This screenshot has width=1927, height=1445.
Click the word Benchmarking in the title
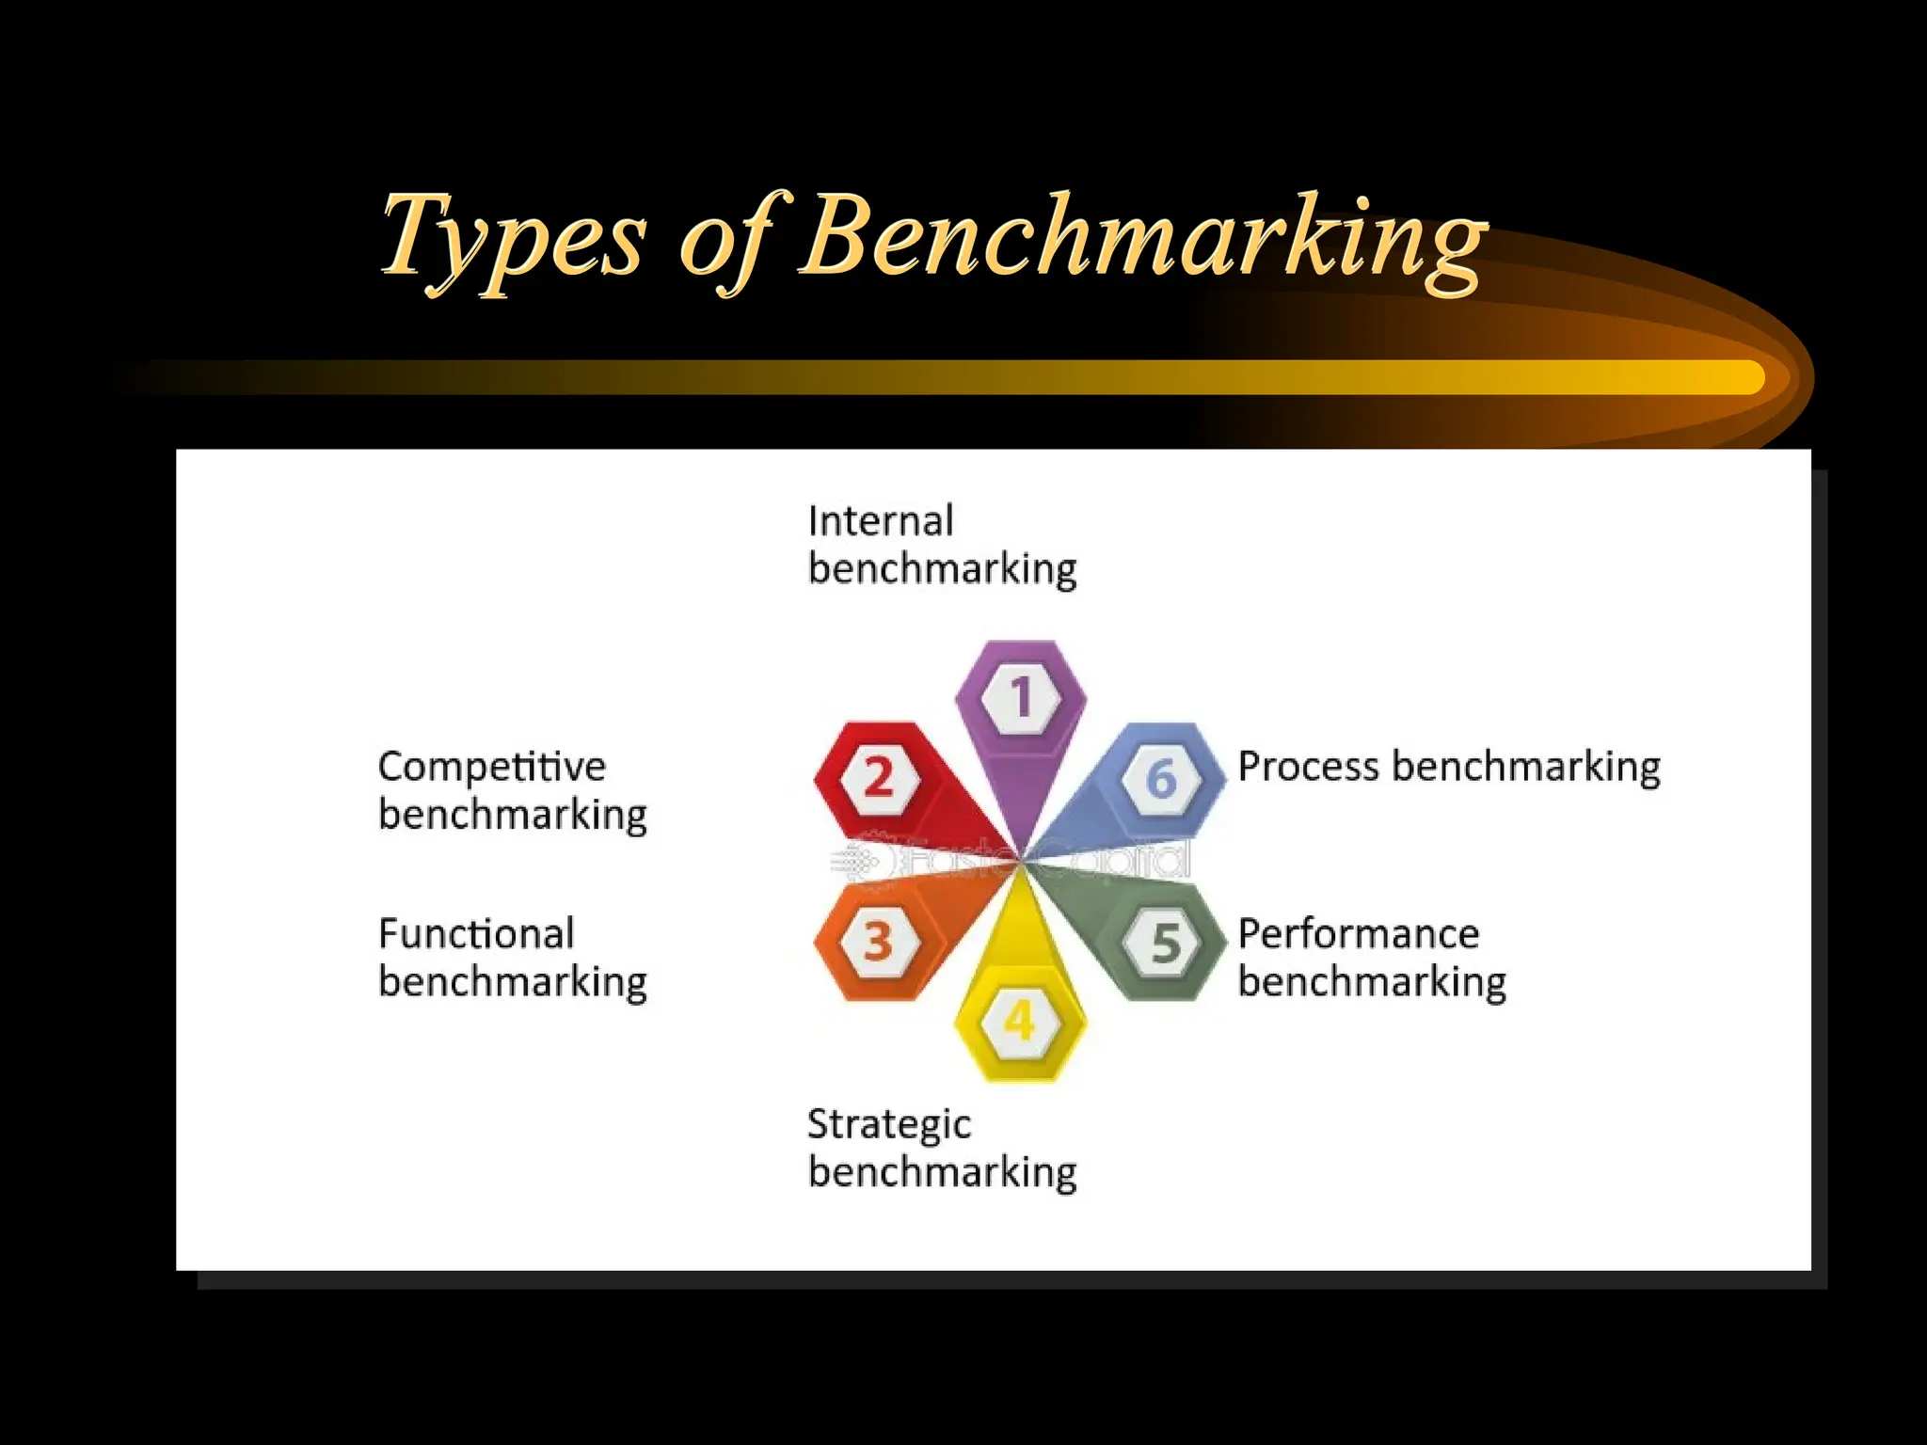[x=1143, y=237]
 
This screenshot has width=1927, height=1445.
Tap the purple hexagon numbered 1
[x=1021, y=697]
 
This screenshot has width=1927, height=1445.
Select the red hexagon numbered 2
[x=879, y=778]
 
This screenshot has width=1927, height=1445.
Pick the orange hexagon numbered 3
[x=879, y=942]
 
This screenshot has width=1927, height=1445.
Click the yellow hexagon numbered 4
[x=1020, y=1021]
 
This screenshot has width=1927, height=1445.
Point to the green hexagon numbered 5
[x=1165, y=942]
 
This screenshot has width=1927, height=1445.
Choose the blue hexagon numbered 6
[x=1162, y=778]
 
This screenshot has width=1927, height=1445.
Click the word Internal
[x=881, y=521]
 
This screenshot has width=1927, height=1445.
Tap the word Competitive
[x=492, y=767]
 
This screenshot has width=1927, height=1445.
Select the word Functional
[x=476, y=934]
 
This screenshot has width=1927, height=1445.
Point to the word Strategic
[x=889, y=1124]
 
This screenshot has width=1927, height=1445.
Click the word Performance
[x=1359, y=934]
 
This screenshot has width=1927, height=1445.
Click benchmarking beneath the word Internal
[x=942, y=570]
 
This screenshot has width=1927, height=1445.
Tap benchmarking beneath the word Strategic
[x=942, y=1173]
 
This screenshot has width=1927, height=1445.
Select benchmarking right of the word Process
[x=1526, y=767]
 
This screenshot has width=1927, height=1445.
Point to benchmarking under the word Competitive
[x=513, y=815]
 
